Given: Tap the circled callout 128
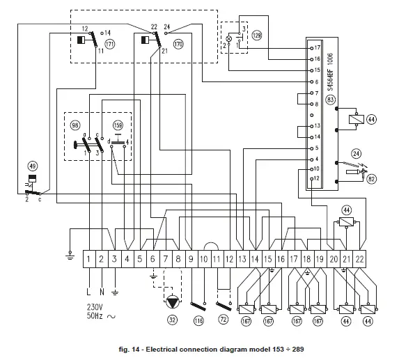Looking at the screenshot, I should (x=257, y=34).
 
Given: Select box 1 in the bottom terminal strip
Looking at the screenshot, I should (x=90, y=259).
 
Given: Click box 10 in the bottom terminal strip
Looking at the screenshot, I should (x=203, y=259).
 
